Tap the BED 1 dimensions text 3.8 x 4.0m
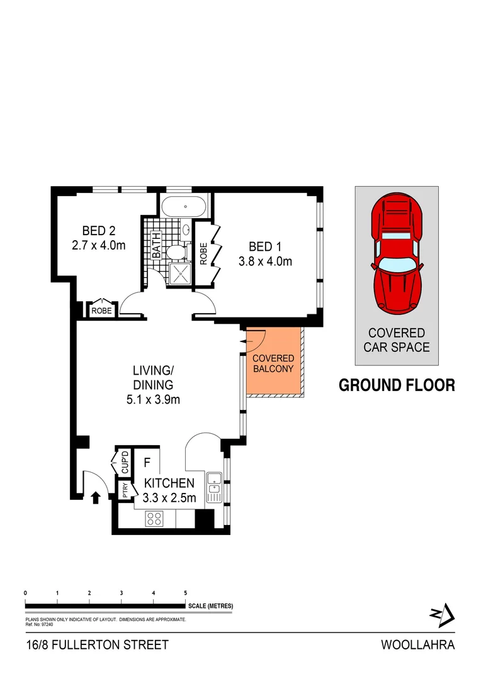pos(265,262)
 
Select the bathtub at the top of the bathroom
pos(183,206)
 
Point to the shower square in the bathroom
pos(180,273)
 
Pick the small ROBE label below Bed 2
pos(102,310)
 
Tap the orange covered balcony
pos(274,363)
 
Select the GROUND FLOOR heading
pos(397,385)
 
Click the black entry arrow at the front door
pos(96,498)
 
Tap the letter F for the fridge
pos(147,463)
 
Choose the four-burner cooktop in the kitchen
pos(155,519)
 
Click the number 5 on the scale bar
pos(185,593)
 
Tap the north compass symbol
pos(444,615)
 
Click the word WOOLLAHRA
pos(417,644)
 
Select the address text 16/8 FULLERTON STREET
pos(98,644)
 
